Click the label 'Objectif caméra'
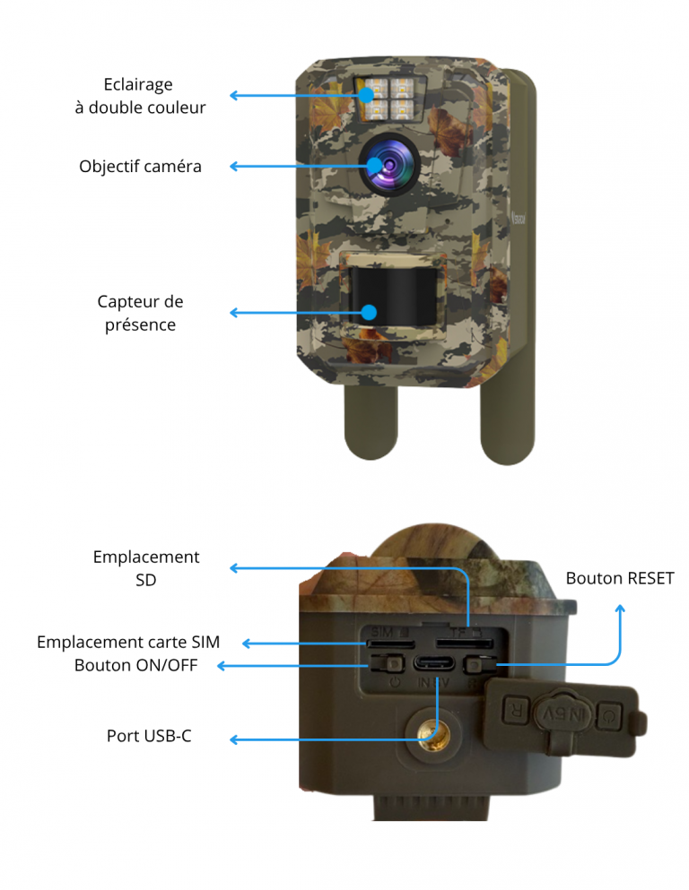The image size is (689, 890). point(140,166)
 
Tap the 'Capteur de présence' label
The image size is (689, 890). point(140,313)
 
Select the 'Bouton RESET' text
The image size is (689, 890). point(619,578)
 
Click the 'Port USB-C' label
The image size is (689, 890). point(149,736)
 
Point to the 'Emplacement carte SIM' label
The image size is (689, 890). point(128,642)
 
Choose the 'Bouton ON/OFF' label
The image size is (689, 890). point(136,665)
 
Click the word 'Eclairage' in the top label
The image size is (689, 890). point(138,84)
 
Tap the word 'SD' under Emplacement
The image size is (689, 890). point(145,580)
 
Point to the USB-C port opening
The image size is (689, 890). point(434,665)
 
